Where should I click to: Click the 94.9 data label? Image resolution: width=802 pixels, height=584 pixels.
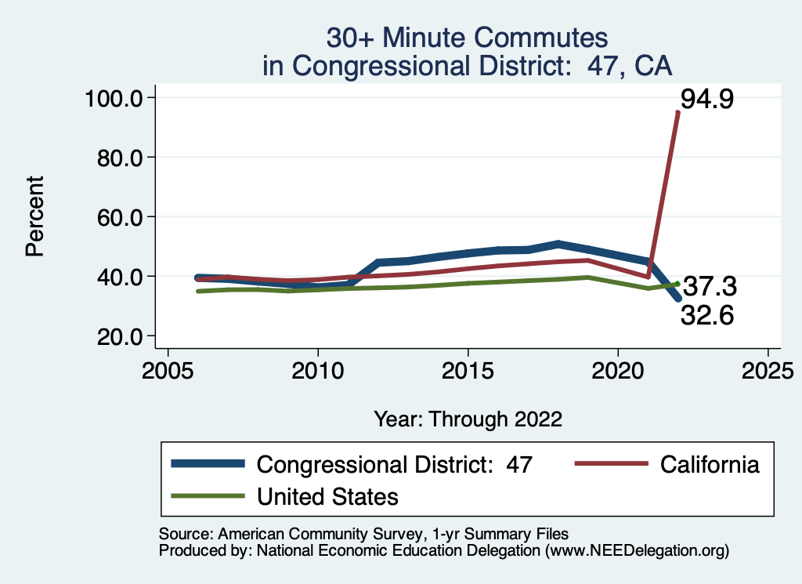click(706, 100)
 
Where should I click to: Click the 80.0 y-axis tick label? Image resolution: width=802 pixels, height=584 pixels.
click(117, 158)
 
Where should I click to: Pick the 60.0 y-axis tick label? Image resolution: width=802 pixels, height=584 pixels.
click(117, 217)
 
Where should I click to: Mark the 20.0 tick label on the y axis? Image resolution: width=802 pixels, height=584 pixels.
click(117, 336)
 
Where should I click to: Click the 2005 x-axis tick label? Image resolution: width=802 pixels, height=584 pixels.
click(168, 369)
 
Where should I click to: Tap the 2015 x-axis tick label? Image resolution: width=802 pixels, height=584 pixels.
click(468, 369)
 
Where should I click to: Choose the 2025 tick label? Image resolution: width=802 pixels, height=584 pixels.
click(768, 369)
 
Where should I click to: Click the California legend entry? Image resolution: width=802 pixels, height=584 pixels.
click(710, 464)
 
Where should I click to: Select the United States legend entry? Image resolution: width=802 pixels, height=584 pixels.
click(327, 496)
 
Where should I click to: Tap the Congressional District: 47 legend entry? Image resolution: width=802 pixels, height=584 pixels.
click(395, 464)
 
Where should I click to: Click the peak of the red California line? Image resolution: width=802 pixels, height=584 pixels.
click(677, 113)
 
